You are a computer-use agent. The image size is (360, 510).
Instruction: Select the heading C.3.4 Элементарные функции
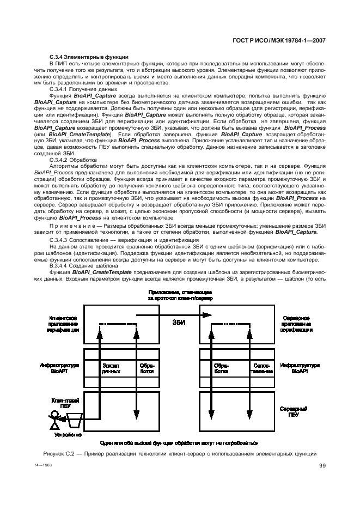pos(89,57)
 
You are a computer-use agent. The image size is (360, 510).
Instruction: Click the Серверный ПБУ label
pos(290,411)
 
